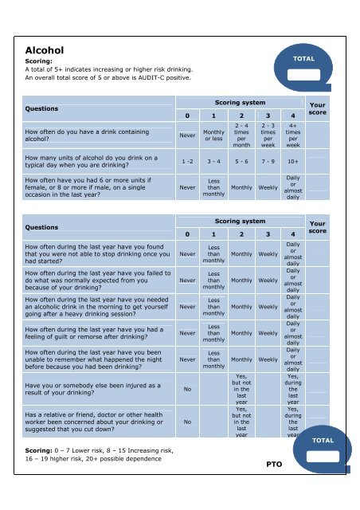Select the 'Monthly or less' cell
[213, 135]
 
